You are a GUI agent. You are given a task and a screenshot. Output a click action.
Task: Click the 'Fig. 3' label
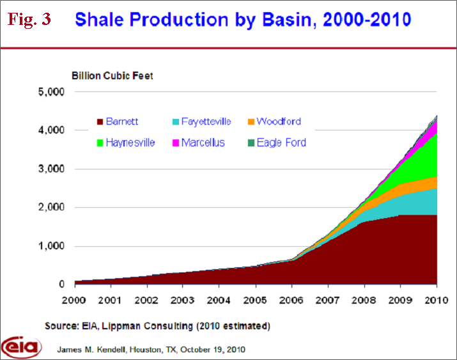point(29,19)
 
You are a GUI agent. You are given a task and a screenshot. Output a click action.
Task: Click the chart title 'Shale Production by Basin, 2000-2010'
point(243,19)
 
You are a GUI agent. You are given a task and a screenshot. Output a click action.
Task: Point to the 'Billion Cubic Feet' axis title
point(112,76)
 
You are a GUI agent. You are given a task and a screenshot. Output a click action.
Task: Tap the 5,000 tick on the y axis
point(51,92)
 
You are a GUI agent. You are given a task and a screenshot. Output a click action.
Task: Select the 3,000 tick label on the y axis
point(51,169)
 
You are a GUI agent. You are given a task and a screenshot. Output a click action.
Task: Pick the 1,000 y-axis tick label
point(51,246)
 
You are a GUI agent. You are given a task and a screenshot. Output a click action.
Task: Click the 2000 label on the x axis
point(75,300)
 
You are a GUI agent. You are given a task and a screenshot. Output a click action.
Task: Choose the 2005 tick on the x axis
point(256,300)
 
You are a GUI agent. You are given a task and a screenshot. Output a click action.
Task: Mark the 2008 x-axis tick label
point(364,300)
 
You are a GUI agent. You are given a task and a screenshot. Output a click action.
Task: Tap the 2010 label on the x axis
point(437,300)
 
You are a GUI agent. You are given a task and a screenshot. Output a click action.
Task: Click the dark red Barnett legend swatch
point(99,121)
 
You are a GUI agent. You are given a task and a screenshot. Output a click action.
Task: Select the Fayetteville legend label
point(205,121)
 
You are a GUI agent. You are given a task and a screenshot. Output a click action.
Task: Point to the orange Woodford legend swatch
point(250,121)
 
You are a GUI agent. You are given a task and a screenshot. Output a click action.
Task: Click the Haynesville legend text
point(131,143)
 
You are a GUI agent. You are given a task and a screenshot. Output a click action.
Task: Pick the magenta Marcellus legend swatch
point(174,143)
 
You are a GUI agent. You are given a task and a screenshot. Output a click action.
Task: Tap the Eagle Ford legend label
point(281,143)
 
